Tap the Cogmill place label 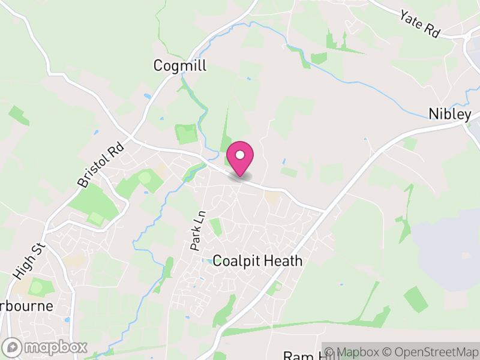point(180,65)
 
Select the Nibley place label point(450,115)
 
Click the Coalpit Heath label point(258,262)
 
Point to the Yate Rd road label point(420,24)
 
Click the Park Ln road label point(198,230)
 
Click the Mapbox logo point(46,347)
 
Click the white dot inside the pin point(240,155)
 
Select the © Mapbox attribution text point(358,352)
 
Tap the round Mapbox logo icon point(14,347)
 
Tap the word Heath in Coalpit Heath point(284,262)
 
